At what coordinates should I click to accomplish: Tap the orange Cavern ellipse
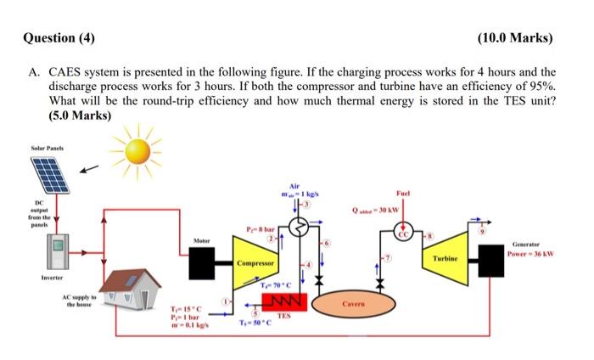point(355,301)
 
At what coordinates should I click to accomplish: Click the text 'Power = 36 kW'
point(530,253)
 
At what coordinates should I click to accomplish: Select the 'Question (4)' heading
point(59,38)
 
